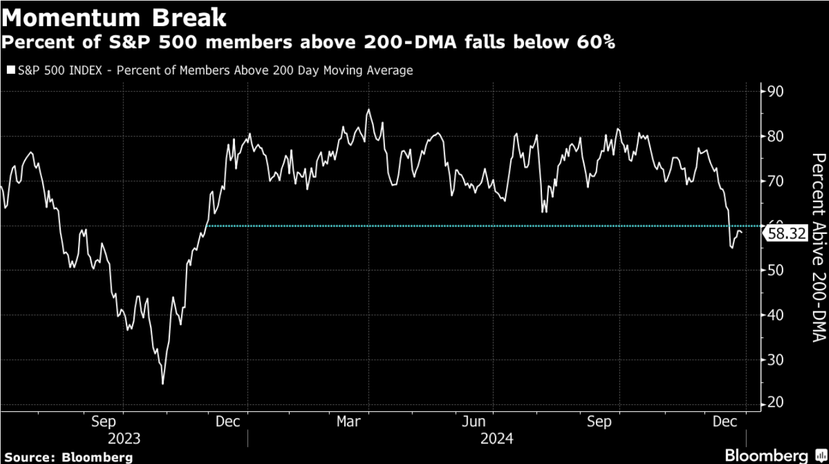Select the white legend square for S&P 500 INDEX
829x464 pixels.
(x=10, y=71)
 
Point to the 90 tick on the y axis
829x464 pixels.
(x=776, y=92)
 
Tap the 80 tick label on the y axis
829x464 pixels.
(x=776, y=136)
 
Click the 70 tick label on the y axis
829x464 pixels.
(x=776, y=181)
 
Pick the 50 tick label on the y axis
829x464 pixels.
(x=776, y=270)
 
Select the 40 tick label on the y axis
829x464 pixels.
(x=776, y=315)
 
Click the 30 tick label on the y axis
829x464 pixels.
(x=776, y=360)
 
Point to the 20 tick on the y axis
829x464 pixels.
(x=776, y=404)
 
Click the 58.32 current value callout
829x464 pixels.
(x=787, y=234)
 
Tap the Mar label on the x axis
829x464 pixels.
(x=348, y=422)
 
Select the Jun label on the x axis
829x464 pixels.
(x=474, y=422)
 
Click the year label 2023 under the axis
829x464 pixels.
(x=124, y=439)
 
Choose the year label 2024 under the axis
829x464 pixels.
(x=497, y=439)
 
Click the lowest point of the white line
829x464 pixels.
(x=163, y=384)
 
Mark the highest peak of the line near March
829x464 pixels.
(x=368, y=110)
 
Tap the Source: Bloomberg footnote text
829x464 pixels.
(x=69, y=457)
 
